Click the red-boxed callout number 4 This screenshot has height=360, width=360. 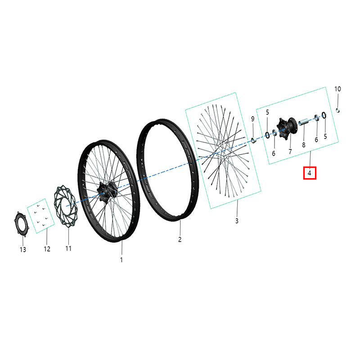310,173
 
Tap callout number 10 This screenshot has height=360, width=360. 337,89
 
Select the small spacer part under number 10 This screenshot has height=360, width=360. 338,110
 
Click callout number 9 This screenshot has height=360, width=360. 253,119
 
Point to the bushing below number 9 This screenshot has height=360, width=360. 253,140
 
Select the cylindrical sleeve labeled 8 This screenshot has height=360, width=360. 303,122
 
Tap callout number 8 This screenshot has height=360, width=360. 303,145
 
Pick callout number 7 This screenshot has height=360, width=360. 290,151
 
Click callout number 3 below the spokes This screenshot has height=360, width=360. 237,220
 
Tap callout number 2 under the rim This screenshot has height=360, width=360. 180,239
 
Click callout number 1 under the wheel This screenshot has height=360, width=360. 121,260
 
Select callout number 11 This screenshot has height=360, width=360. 68,248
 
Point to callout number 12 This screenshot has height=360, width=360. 47,249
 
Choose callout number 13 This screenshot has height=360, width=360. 23,249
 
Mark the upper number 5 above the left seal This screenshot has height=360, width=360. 267,112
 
